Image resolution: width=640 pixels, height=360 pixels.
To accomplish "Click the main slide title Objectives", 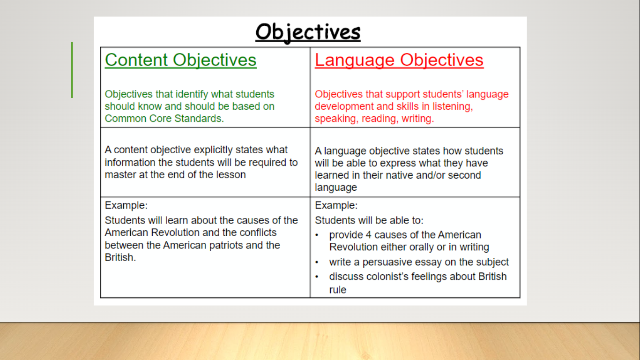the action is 308,32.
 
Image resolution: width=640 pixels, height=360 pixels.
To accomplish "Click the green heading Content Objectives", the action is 180,60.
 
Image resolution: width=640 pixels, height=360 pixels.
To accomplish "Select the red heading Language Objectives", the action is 399,60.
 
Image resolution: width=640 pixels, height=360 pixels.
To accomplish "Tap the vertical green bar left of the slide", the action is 72,70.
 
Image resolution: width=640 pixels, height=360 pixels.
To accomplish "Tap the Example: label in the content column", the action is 126,205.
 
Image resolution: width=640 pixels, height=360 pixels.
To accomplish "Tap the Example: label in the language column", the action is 336,205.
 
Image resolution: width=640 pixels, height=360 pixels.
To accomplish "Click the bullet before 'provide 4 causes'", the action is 317,235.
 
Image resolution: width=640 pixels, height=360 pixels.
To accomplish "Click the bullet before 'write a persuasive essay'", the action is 317,262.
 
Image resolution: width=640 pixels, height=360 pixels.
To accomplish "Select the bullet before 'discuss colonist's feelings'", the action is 317,277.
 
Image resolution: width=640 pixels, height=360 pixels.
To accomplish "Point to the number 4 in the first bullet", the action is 369,235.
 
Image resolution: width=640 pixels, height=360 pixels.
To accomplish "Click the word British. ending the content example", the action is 120,257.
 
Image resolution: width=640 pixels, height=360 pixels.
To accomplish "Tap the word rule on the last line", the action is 338,290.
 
